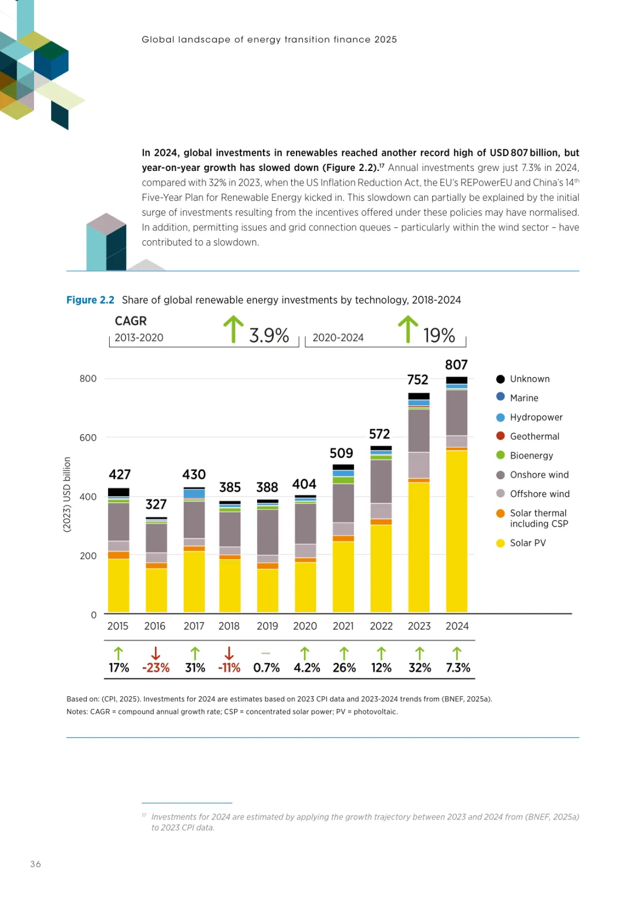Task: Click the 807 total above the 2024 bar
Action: pos(456,365)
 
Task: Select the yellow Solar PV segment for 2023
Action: pos(419,546)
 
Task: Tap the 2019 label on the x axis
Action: pos(267,626)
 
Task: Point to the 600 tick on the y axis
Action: pos(88,438)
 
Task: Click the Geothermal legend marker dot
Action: pos(501,436)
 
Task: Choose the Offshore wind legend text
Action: pos(539,494)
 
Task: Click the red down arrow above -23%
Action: pos(156,653)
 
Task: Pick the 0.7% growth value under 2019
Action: pos(267,668)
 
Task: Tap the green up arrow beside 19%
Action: pos(408,329)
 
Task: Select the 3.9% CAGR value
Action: pos(269,335)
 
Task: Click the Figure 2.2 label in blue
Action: pos(90,300)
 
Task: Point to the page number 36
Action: pos(36,864)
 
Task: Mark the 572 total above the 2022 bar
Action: pos(379,434)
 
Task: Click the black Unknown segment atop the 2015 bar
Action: pos(119,492)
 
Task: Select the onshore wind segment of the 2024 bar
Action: pos(457,412)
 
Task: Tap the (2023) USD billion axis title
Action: pos(67,495)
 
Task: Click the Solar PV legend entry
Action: pos(528,543)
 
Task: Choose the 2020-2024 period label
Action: pos(338,338)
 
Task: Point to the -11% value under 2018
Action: pos(229,668)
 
